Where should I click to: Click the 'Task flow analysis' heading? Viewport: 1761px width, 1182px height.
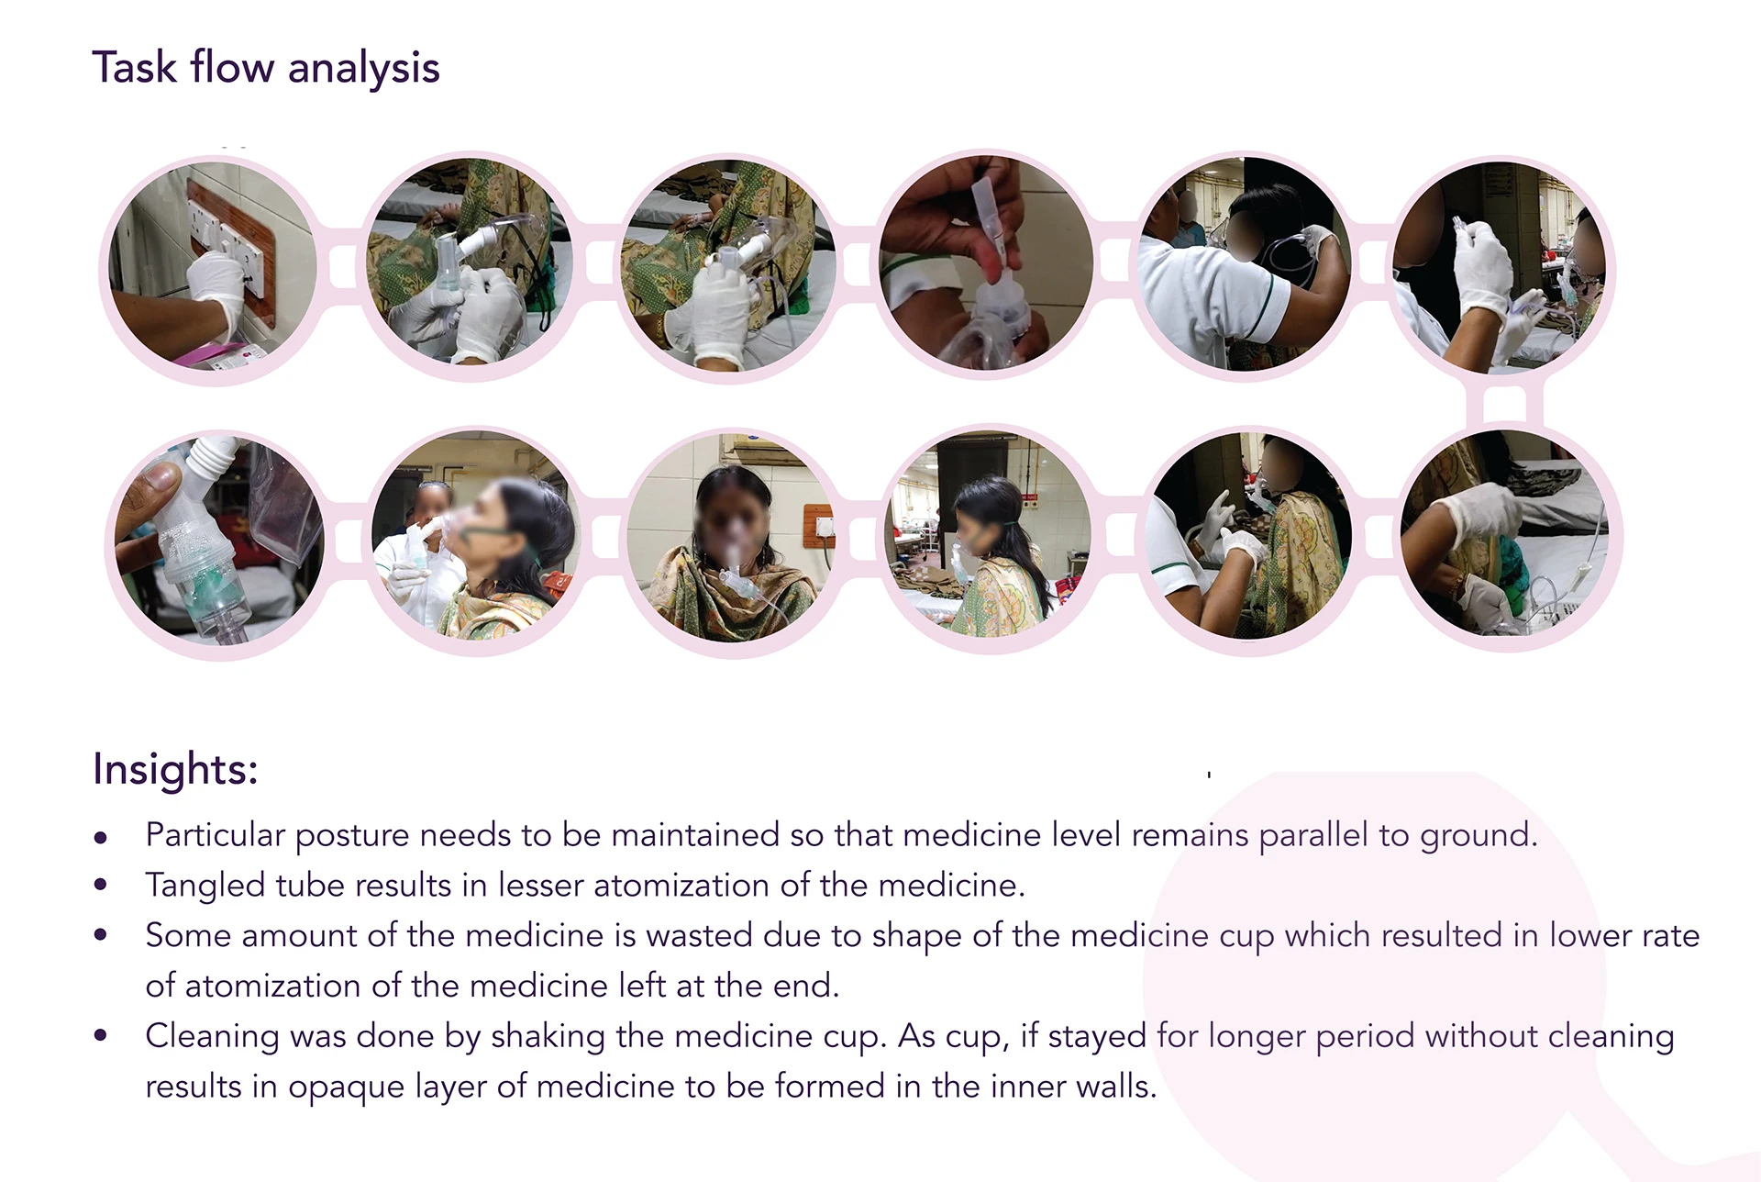coord(266,69)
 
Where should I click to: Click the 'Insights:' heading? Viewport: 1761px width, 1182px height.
coord(175,768)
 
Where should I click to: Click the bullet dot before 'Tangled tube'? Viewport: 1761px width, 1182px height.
coord(101,886)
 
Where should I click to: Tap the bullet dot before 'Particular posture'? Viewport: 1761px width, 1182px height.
coord(101,836)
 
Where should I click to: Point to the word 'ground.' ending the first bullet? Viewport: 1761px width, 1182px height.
coord(1479,836)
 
